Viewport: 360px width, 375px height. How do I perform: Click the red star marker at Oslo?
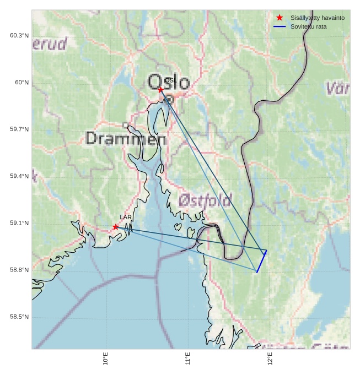coord(160,89)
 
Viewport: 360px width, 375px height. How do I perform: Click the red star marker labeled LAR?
coord(116,227)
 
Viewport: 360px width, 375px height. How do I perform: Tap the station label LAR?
coord(126,218)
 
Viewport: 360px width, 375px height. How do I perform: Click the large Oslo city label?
coord(169,83)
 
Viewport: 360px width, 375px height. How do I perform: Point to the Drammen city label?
coord(126,139)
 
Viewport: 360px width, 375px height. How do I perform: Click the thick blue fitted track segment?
coord(261,262)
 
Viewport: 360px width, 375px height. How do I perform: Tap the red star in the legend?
coord(280,18)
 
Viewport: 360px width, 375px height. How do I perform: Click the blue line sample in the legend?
coord(280,26)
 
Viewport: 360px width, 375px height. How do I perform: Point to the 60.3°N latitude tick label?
coord(19,36)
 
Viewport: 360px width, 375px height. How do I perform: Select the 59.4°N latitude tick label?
coord(19,176)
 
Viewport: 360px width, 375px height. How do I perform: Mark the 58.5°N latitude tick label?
coord(19,317)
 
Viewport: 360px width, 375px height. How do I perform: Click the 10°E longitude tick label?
coord(105,359)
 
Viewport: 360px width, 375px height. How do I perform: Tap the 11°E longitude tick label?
coord(187,359)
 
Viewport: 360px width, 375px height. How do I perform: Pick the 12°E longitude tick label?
coord(270,359)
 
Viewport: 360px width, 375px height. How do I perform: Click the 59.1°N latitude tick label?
coord(19,223)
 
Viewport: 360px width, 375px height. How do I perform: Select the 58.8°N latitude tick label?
coord(19,270)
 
